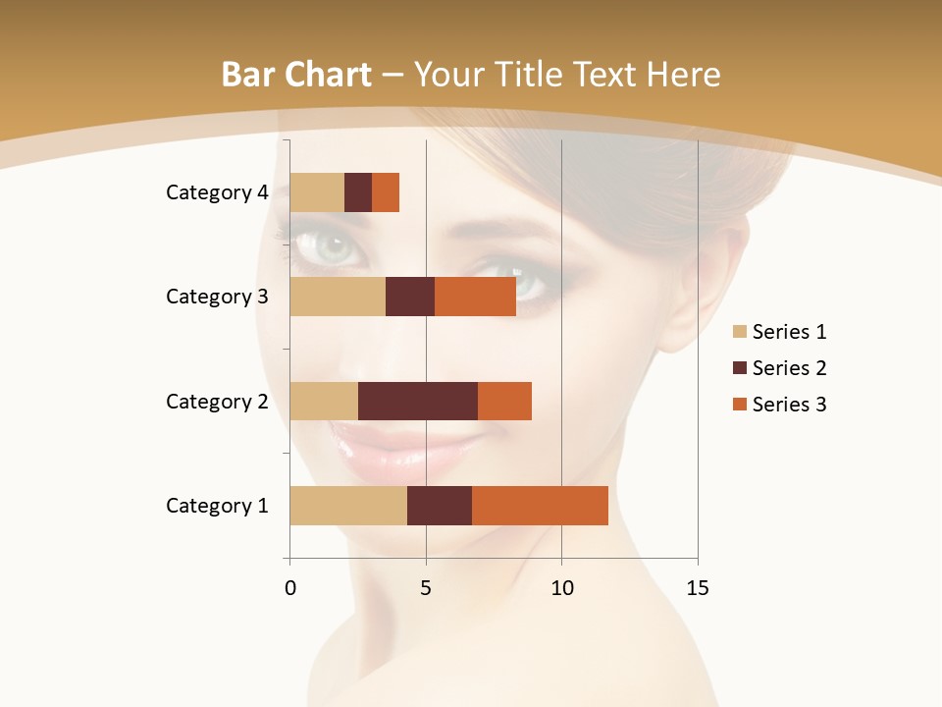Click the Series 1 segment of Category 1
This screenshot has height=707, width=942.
point(348,506)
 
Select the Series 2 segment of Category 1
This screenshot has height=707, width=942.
point(440,506)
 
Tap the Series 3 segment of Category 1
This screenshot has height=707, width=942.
point(540,506)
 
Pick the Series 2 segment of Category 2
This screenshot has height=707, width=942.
point(418,401)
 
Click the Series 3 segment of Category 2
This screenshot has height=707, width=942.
point(504,401)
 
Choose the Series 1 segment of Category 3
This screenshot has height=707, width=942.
point(338,297)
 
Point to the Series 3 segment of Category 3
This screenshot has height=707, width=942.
point(475,297)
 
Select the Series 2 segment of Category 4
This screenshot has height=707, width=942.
point(358,192)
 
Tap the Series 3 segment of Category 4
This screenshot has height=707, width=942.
point(386,192)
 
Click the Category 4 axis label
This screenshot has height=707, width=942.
point(217,192)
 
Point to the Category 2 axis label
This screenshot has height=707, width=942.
point(217,401)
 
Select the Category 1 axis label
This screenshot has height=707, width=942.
point(217,506)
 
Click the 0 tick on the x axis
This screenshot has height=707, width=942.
point(290,588)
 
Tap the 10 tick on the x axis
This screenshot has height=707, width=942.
point(561,588)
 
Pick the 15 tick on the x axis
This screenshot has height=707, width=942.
point(697,588)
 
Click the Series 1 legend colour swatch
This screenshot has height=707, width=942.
point(739,332)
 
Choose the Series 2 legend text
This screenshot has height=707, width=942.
point(789,368)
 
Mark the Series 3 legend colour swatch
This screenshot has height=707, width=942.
point(739,405)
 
